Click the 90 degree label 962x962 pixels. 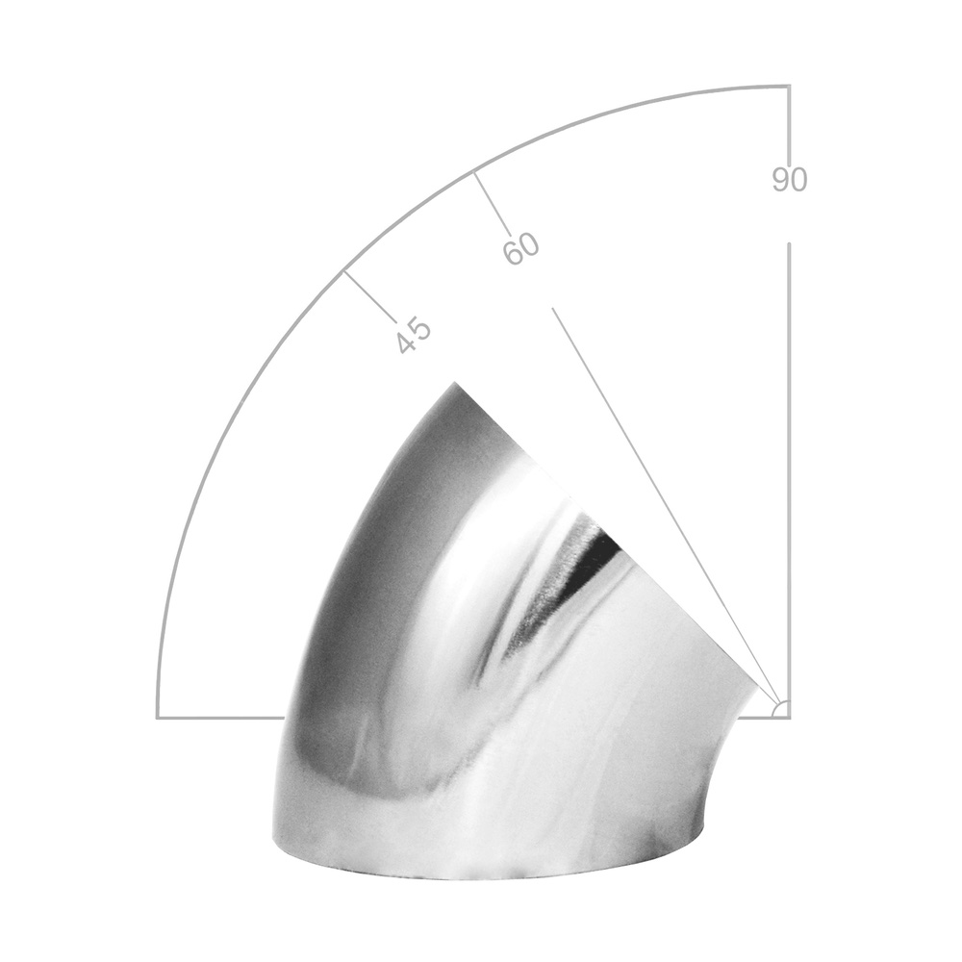790,180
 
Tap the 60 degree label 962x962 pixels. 520,248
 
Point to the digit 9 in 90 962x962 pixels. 780,180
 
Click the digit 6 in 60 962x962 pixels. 513,253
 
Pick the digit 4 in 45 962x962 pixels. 406,344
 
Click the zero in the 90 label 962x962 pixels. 798,180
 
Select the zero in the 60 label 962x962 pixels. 529,242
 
